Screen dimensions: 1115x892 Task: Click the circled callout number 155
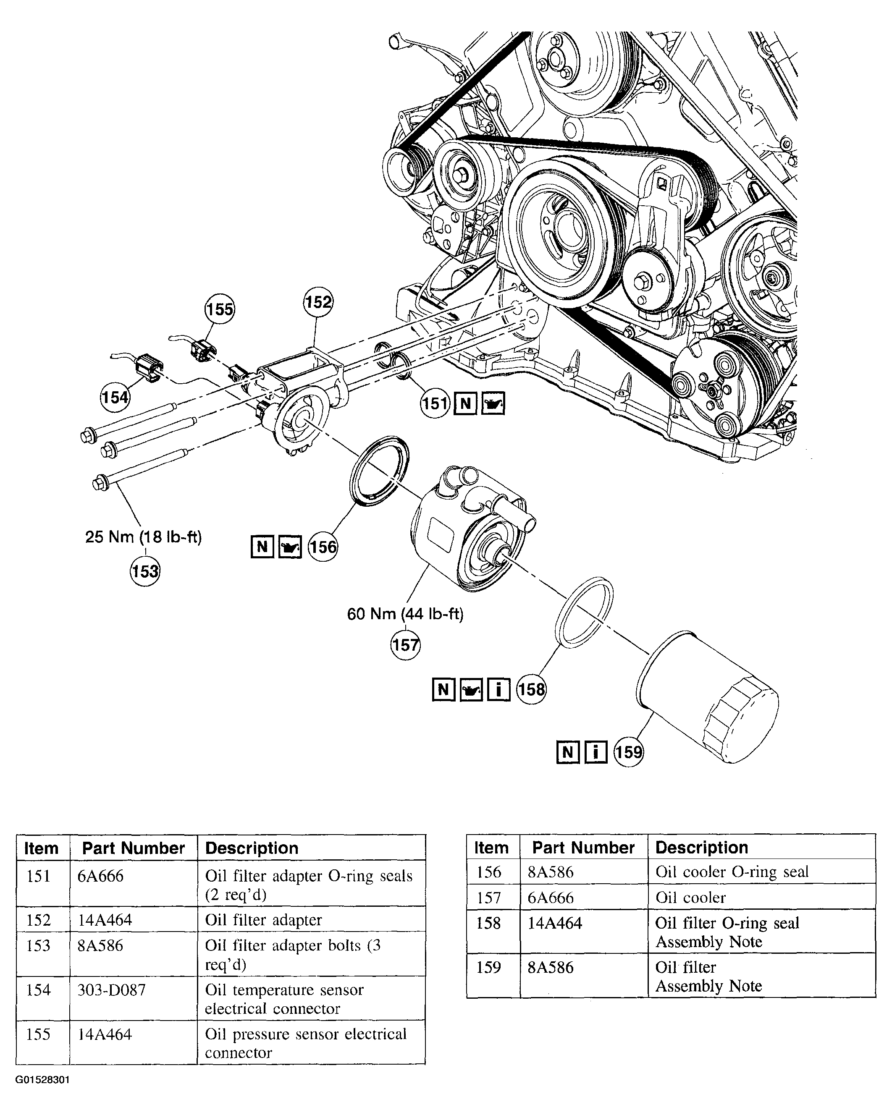[219, 309]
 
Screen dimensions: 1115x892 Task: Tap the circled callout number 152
[317, 301]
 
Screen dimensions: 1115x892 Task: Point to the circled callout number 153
[145, 571]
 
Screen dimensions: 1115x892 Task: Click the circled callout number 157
[405, 645]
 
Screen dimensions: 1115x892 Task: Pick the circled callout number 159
[628, 752]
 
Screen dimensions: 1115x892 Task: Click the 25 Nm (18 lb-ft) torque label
[143, 537]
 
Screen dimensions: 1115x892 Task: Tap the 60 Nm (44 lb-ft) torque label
[405, 614]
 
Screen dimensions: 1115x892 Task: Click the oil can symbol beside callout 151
[493, 403]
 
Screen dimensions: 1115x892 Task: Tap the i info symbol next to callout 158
[498, 689]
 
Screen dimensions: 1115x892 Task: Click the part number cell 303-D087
[112, 990]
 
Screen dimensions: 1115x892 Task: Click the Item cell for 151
[38, 876]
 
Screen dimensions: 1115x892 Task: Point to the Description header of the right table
[702, 848]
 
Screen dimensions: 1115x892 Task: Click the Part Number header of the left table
[133, 848]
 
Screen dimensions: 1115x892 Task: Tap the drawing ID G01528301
[42, 1080]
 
